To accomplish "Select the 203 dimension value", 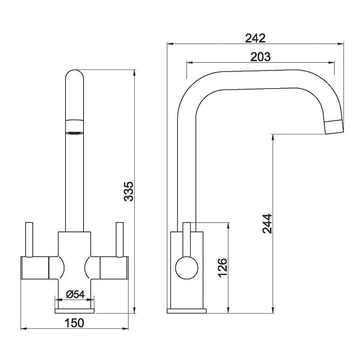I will [x=260, y=57].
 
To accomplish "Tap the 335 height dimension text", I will [x=129, y=191].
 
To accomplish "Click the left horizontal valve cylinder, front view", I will [x=34, y=268].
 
